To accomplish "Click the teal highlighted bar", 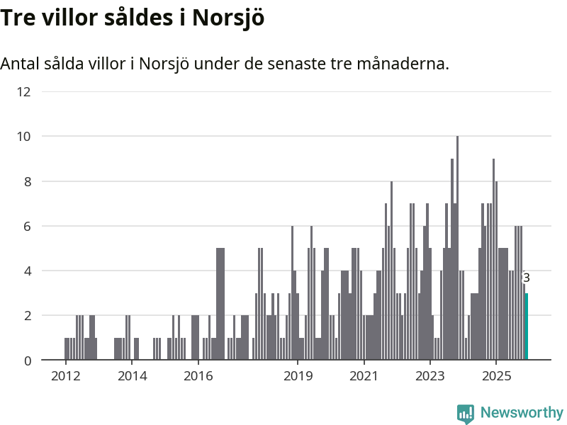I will point(526,327).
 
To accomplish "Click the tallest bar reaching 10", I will point(457,248).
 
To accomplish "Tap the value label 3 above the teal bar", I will point(526,278).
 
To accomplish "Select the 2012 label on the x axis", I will point(66,375).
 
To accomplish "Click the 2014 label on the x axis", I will point(132,375).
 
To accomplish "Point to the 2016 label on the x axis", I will point(198,375).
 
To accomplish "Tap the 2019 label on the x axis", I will point(298,375).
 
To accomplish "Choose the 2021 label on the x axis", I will point(364,375).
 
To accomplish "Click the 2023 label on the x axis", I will point(430,375).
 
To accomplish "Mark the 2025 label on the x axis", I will point(496,375).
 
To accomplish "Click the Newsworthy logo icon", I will point(466,414).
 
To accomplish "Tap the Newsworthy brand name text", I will point(522,413).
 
